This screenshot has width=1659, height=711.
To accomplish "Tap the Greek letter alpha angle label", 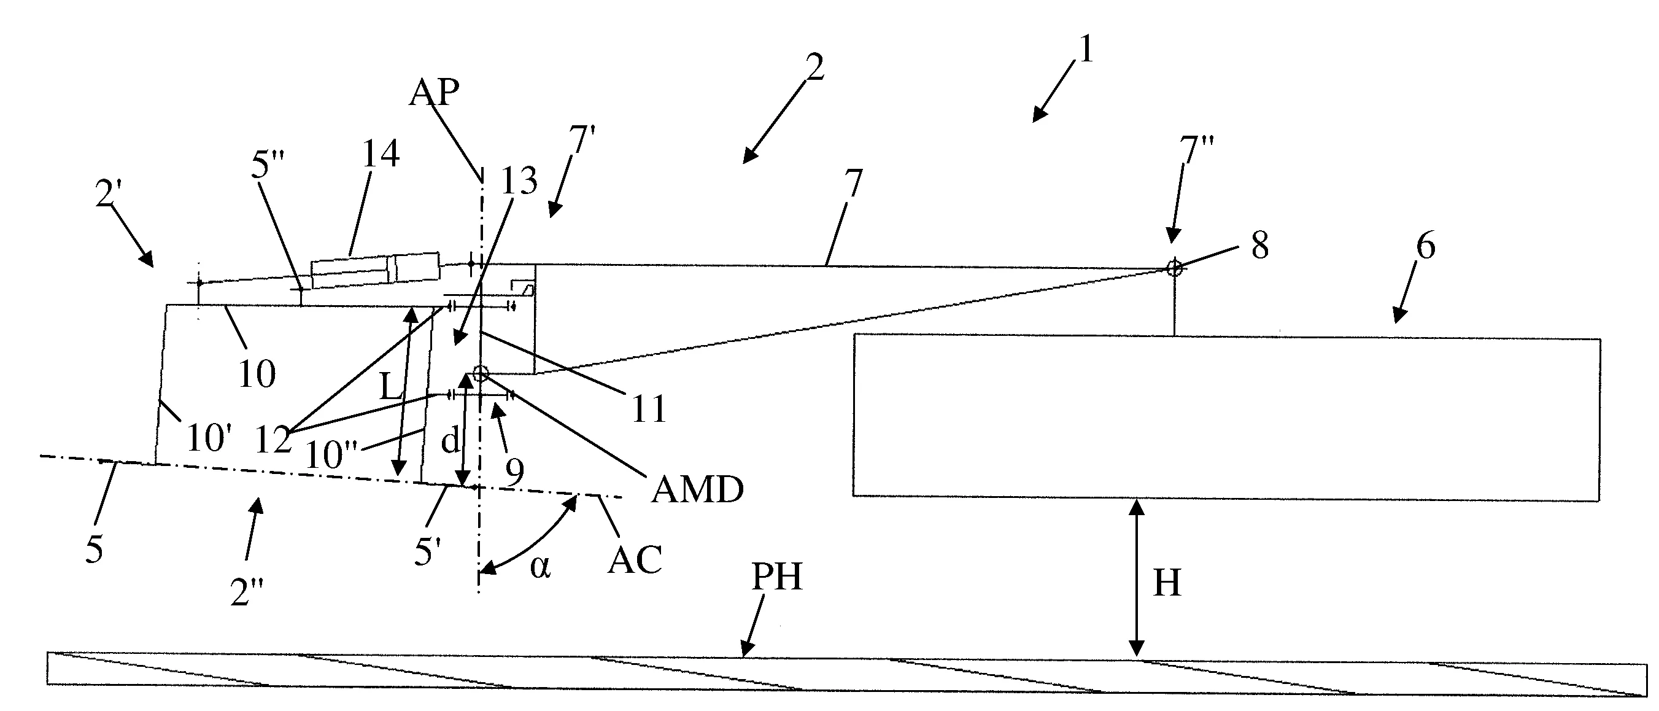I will click(x=539, y=567).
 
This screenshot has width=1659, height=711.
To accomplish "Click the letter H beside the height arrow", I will click(x=1167, y=583).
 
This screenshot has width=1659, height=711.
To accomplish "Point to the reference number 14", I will click(x=380, y=154).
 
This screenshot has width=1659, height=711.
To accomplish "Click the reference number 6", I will click(x=1426, y=246).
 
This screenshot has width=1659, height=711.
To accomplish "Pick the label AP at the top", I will click(x=435, y=93).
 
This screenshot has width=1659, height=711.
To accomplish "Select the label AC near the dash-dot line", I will click(x=635, y=560).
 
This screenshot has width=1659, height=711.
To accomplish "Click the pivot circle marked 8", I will click(x=1175, y=268).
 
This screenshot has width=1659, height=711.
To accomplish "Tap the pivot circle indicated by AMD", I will click(x=480, y=373).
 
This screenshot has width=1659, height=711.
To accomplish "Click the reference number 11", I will click(x=649, y=409).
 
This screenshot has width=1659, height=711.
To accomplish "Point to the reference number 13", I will click(x=519, y=181).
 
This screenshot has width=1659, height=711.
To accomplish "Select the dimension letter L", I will click(x=390, y=387).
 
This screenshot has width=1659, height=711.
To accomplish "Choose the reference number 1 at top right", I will click(x=1086, y=49).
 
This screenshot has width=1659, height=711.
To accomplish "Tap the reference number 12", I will click(x=273, y=440).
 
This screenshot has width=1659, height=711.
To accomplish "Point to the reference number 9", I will click(x=514, y=472).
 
